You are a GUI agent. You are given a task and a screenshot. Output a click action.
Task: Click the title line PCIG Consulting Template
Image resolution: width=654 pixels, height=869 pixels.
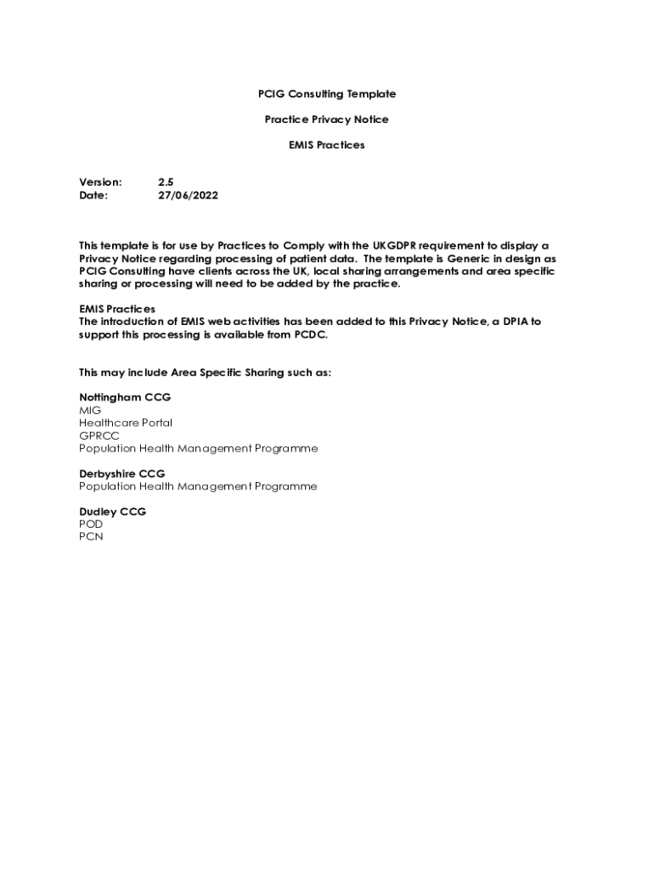coord(327,94)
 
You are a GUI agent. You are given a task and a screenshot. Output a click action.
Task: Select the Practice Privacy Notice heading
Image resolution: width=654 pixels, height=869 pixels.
coord(327,120)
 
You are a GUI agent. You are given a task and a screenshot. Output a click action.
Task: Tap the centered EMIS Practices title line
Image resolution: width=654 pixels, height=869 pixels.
coord(327,145)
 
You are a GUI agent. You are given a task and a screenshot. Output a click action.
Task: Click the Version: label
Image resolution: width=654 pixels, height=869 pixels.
coord(101,182)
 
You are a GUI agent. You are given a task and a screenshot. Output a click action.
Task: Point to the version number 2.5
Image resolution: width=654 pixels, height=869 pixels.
coord(166,182)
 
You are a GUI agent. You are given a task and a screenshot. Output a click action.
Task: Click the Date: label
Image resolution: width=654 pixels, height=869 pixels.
coord(93,195)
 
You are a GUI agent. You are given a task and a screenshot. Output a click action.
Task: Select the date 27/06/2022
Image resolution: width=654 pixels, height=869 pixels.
coord(188,195)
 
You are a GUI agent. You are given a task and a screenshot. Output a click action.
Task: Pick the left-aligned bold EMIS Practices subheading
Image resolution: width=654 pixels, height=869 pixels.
coord(117,309)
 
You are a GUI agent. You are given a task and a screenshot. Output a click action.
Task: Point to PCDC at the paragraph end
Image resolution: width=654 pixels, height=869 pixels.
coord(309,334)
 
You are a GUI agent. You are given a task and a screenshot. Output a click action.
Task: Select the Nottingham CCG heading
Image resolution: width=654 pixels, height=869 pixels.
coord(125,397)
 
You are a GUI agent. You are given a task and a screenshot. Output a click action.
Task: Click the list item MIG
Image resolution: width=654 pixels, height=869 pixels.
coord(90,410)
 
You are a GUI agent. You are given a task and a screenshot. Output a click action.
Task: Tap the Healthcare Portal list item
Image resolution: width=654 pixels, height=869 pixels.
coord(126,423)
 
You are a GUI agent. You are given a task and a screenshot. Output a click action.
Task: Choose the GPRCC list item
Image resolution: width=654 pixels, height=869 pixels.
coord(99,435)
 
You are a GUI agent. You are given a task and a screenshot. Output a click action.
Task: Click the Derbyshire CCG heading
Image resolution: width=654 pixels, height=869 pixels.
coord(122,474)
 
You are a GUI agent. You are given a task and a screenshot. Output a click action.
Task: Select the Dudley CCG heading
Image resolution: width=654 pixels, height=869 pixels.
coord(113,512)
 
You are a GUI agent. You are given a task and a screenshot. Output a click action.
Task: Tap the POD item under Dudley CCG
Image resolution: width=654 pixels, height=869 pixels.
coord(91,524)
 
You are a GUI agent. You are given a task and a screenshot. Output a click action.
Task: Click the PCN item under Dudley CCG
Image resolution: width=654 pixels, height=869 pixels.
coord(91,537)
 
